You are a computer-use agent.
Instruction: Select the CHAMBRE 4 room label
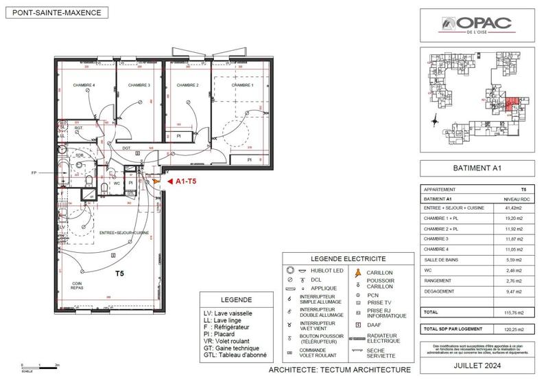tap(84, 85)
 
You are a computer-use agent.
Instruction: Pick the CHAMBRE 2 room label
tap(187, 85)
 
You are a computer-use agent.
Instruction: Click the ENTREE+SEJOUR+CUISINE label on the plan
tap(126, 233)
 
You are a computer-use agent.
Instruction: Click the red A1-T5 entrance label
tap(187, 181)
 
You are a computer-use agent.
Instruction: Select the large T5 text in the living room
tap(119, 273)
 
